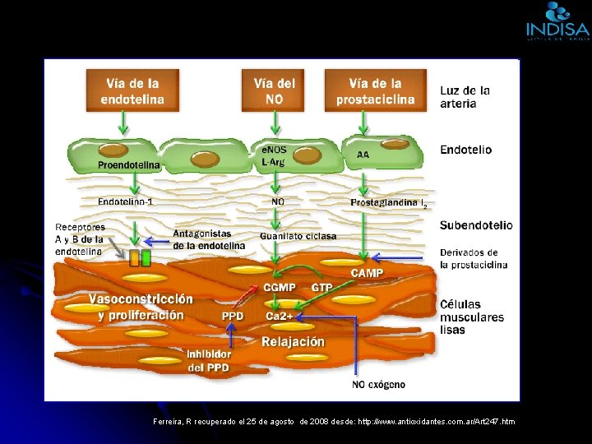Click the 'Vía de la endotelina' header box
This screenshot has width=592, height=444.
(132, 90)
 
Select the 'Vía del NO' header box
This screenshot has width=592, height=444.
(275, 90)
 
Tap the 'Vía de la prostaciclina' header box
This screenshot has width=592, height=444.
(375, 90)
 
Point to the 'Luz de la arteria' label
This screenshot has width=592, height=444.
(465, 97)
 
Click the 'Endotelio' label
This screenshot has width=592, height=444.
(466, 150)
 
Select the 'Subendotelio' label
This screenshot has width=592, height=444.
(476, 224)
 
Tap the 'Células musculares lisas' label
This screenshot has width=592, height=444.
(472, 317)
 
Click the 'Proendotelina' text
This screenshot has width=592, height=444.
(129, 165)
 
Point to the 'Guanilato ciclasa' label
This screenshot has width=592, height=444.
(298, 236)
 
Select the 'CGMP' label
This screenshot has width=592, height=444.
(280, 288)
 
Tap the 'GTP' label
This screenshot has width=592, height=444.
(321, 288)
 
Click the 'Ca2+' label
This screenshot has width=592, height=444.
(280, 316)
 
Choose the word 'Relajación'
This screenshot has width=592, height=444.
(294, 341)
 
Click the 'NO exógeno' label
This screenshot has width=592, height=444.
(378, 384)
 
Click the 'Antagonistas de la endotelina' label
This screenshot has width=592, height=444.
(209, 239)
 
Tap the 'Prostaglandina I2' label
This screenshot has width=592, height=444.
(388, 202)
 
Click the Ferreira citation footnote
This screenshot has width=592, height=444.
(334, 421)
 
